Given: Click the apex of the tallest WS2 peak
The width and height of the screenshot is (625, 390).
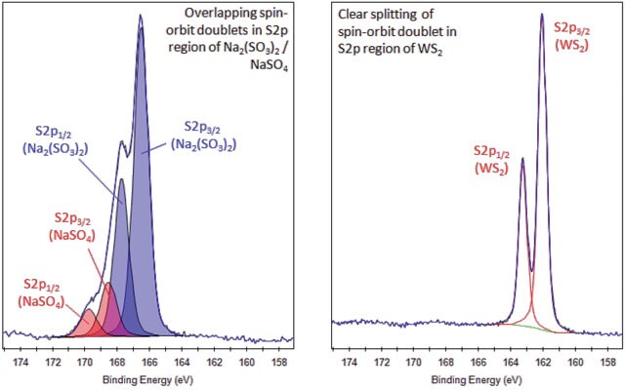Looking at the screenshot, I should (542, 15).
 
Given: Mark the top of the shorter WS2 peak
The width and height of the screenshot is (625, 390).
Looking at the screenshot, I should (522, 158).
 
